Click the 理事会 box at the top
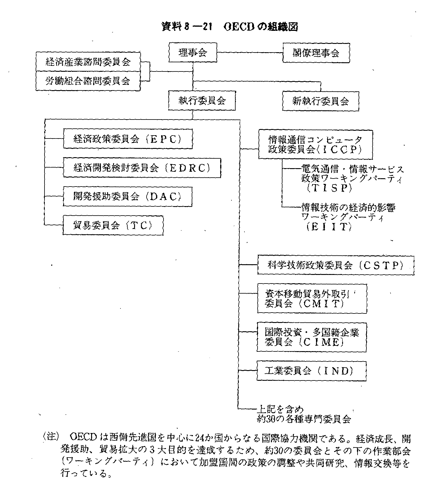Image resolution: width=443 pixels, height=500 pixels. tap(193, 52)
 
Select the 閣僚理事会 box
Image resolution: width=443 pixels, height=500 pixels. tap(316, 53)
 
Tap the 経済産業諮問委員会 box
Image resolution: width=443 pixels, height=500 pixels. tap(88, 62)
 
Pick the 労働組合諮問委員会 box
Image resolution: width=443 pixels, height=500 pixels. tap(88, 81)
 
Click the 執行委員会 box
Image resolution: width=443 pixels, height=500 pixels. tap(202, 101)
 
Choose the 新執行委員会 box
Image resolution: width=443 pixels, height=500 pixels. tap(320, 101)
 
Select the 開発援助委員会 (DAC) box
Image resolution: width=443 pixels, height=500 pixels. tap(127, 196)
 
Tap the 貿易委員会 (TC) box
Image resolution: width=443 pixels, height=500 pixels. tap(113, 225)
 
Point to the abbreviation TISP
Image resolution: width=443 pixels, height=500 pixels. tap(329, 188)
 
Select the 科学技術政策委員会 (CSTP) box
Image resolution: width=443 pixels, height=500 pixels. tap(335, 265)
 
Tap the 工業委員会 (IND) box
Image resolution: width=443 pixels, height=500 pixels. tap(311, 371)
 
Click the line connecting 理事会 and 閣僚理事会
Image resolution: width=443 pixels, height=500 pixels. tap(250, 53)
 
